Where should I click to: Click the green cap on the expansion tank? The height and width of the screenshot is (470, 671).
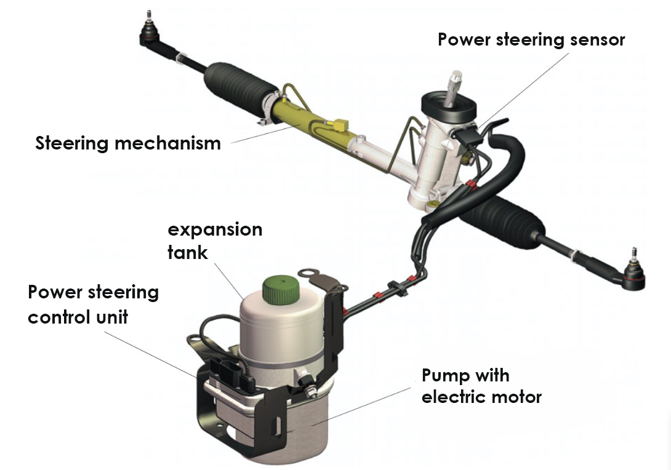click(x=279, y=290)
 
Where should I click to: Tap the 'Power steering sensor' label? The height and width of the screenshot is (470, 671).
click(x=531, y=39)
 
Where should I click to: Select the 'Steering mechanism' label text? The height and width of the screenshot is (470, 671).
click(x=128, y=143)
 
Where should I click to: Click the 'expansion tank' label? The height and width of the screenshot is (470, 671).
click(x=215, y=241)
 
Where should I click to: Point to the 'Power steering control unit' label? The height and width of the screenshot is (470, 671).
click(x=94, y=305)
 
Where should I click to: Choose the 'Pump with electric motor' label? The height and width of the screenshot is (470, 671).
click(x=481, y=386)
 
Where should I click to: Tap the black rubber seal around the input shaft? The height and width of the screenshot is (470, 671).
click(x=449, y=107)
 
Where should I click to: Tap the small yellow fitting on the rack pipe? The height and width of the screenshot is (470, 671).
click(x=340, y=124)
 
